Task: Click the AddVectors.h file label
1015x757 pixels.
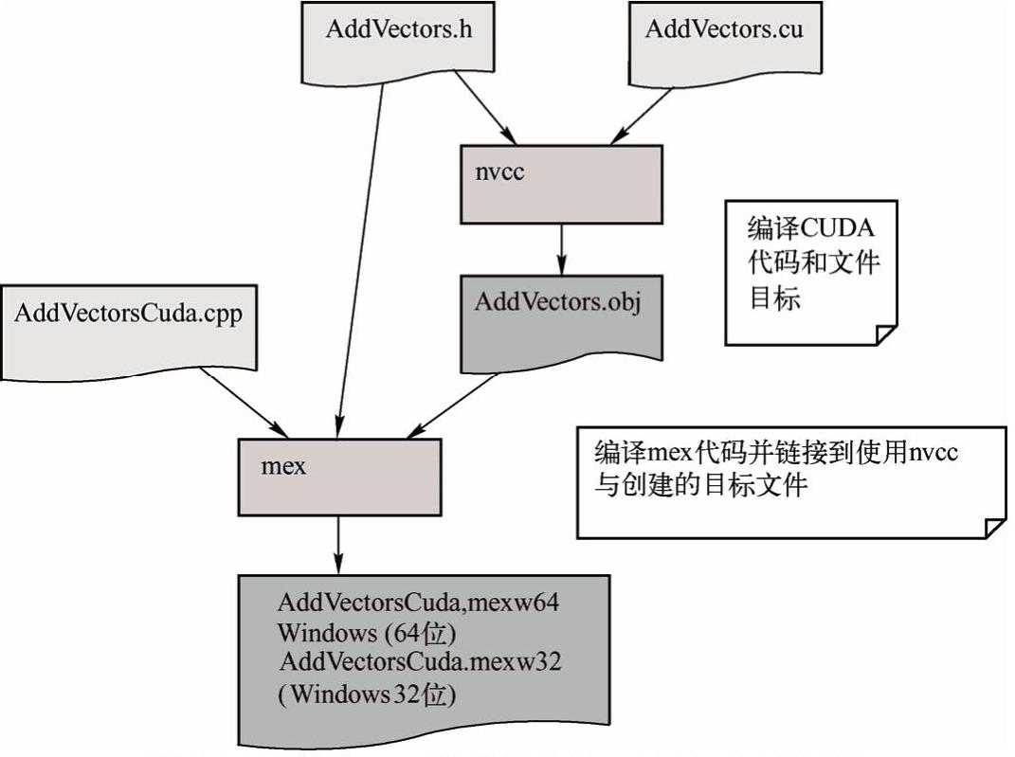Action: point(398,28)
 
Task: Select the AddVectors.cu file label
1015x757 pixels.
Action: point(723,28)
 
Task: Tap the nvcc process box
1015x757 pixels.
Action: point(561,184)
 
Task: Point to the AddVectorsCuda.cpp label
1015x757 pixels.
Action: point(128,314)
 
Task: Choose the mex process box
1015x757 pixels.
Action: point(339,475)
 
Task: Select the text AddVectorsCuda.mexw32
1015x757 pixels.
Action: point(420,661)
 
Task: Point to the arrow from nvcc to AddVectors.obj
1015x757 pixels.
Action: point(562,248)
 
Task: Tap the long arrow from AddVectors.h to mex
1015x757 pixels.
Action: point(360,256)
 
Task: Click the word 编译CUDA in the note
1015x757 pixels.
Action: point(810,230)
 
